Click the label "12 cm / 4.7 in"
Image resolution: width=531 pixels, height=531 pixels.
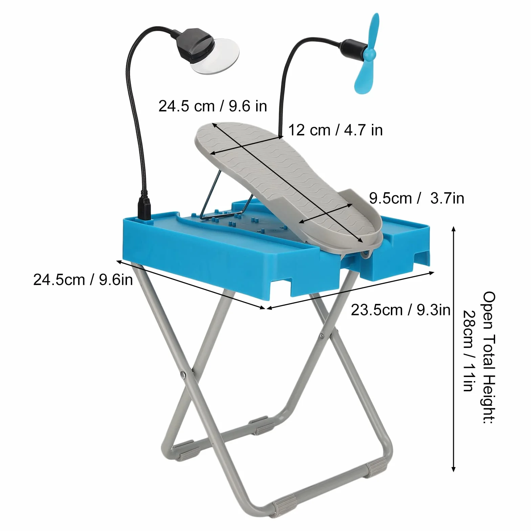coord(335,130)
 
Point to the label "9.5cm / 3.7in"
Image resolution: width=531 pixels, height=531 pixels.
coord(416,198)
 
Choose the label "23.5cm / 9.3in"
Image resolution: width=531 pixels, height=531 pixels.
coord(400,310)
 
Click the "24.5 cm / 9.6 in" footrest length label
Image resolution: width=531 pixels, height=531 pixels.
coord(213,106)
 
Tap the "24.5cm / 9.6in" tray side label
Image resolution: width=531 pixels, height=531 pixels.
coord(83,280)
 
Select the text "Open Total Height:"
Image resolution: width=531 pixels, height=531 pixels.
coord(489,357)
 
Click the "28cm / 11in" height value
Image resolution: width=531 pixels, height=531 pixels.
coord(469,351)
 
